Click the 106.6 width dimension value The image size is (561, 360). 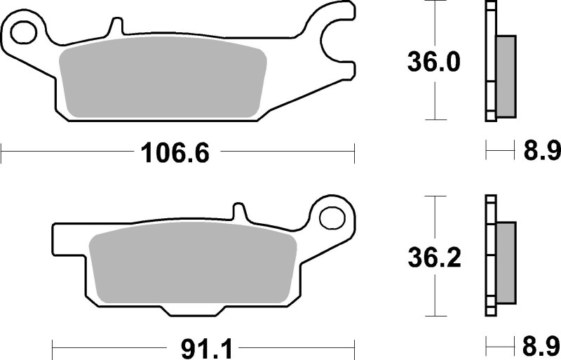point(175,151)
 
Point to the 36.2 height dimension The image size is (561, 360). point(434,259)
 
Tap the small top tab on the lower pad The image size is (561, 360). point(239,211)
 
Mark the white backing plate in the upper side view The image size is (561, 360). point(489,63)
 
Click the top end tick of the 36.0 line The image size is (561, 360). point(436,2)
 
